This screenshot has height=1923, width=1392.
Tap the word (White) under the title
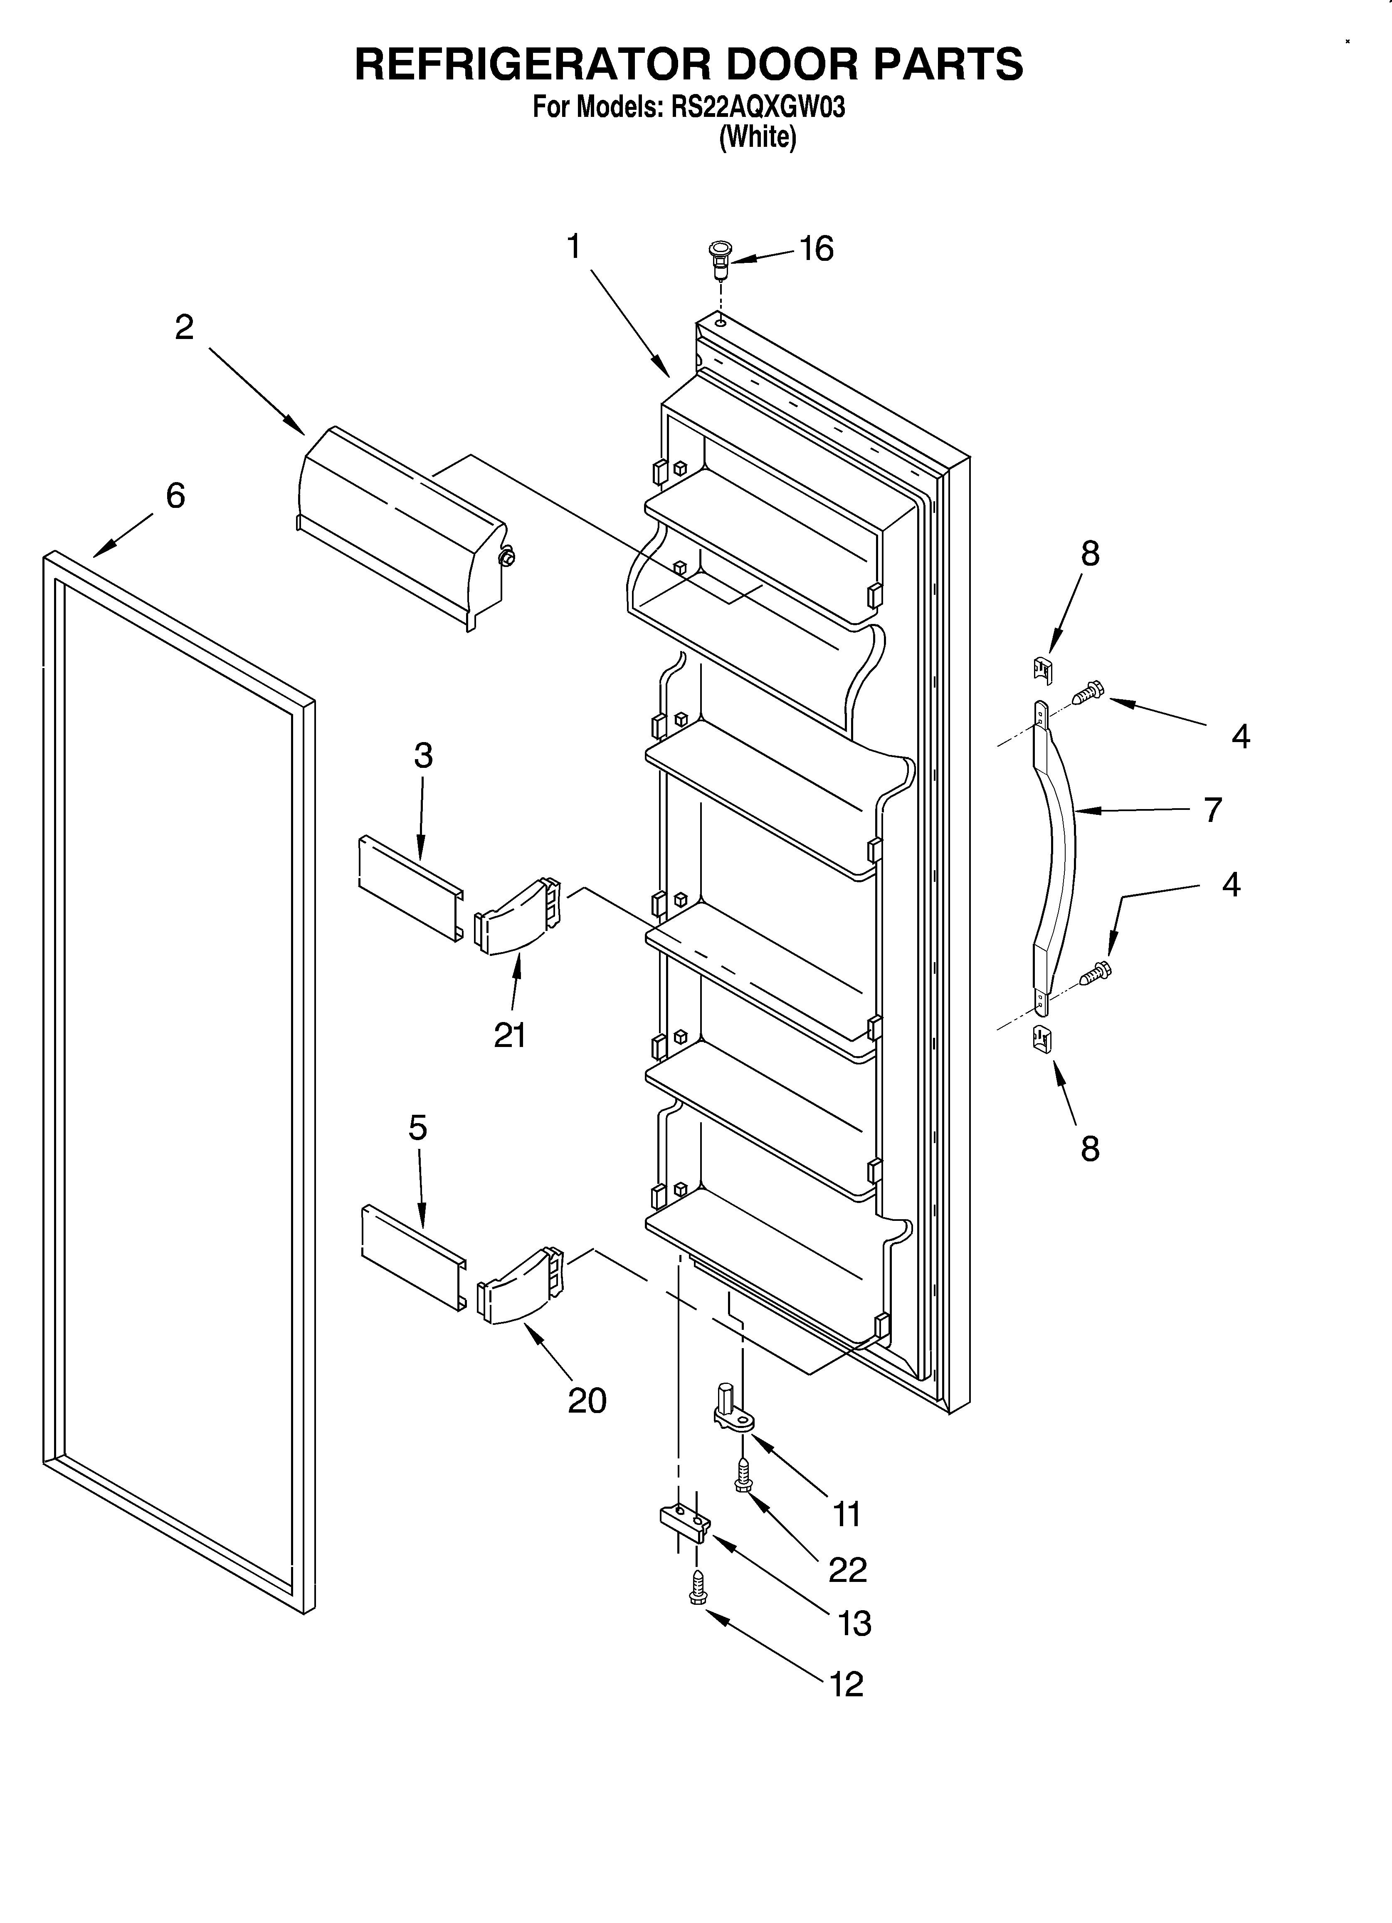point(757,137)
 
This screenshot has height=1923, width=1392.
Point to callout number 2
point(184,327)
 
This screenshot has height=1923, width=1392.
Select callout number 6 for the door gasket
point(175,495)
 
